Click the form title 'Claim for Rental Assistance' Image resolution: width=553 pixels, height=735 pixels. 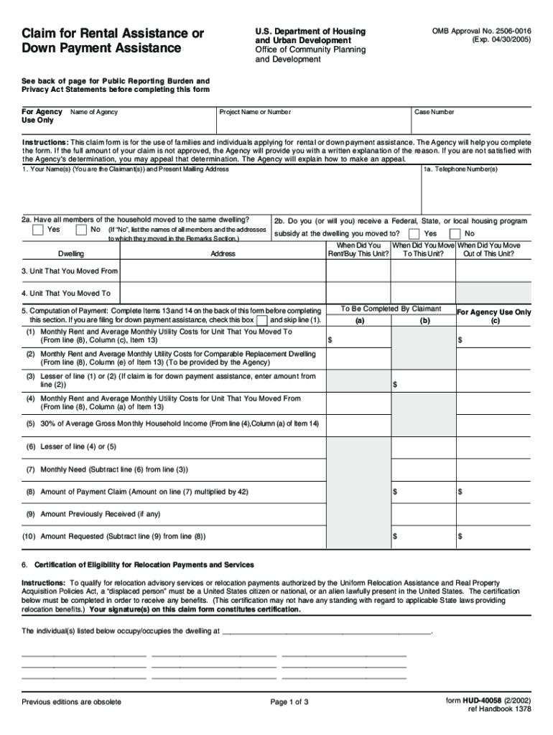tap(113, 34)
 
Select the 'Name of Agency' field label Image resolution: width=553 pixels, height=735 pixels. tap(94, 112)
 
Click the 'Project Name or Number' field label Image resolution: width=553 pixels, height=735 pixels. tap(255, 112)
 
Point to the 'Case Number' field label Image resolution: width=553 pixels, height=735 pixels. tap(434, 112)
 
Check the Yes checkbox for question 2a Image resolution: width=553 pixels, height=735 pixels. tap(38, 230)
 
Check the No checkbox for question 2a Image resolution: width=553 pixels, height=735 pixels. tap(81, 230)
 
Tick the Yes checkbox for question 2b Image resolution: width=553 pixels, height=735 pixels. tap(414, 234)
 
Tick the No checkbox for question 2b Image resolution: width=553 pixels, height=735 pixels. tap(455, 234)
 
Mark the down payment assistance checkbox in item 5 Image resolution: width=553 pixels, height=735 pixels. tap(262, 319)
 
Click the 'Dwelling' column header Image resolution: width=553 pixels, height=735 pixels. tap(70, 254)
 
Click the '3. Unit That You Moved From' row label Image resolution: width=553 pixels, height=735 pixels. tap(70, 271)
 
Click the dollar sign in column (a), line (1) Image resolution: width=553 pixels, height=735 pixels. tap(330, 340)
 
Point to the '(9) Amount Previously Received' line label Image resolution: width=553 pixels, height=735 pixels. tap(91, 514)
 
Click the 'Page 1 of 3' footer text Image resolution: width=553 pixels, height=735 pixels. tap(289, 702)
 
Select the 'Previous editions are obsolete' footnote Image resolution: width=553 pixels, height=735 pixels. tap(71, 702)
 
